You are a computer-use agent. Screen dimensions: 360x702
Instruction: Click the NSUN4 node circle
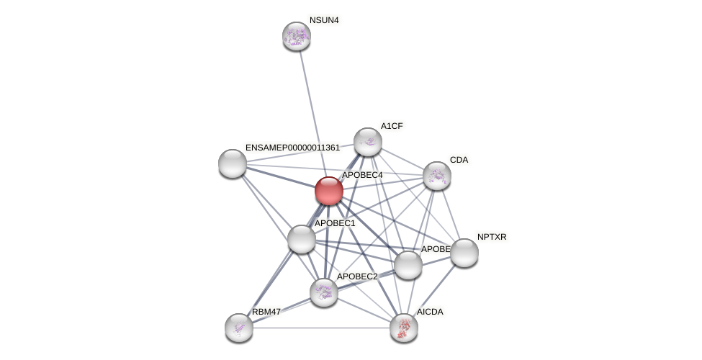click(x=296, y=36)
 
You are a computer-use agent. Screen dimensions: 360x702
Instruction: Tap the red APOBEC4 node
click(x=329, y=191)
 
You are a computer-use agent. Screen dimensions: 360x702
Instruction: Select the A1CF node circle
click(x=368, y=142)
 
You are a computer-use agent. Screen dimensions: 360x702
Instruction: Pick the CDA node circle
click(x=437, y=176)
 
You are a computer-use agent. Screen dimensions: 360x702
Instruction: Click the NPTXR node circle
click(x=464, y=253)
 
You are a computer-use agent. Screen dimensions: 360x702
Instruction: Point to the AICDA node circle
click(x=404, y=328)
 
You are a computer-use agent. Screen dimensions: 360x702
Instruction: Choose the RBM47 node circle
click(x=239, y=328)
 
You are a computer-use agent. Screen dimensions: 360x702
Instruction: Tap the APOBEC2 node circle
click(x=324, y=292)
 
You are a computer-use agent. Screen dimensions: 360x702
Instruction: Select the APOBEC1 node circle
click(x=302, y=239)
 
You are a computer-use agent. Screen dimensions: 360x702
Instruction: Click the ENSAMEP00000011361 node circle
click(x=233, y=163)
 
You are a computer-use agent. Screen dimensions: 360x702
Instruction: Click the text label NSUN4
click(x=324, y=20)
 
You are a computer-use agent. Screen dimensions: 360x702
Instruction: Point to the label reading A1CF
click(x=392, y=126)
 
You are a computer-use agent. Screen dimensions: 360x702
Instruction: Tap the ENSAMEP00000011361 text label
click(x=292, y=148)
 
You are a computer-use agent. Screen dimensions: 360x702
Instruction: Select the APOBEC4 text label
click(x=362, y=175)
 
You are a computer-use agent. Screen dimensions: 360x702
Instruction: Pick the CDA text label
click(x=459, y=160)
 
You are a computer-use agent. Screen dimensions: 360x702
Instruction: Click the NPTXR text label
click(x=492, y=237)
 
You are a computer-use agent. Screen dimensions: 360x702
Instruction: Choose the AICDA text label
click(x=430, y=312)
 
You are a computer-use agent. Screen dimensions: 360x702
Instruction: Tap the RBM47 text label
click(x=266, y=312)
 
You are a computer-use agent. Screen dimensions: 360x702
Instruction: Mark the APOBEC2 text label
click(x=357, y=276)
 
